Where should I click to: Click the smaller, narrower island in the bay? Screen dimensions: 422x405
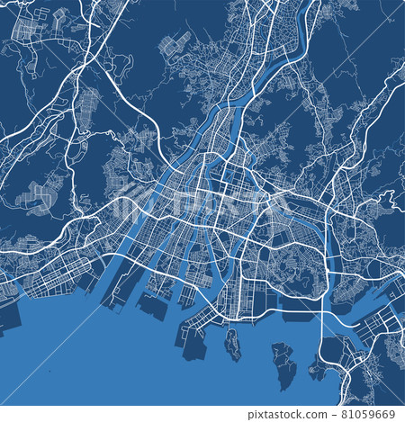(x=233, y=344)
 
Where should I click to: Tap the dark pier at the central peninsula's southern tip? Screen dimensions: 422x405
(x=193, y=346)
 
